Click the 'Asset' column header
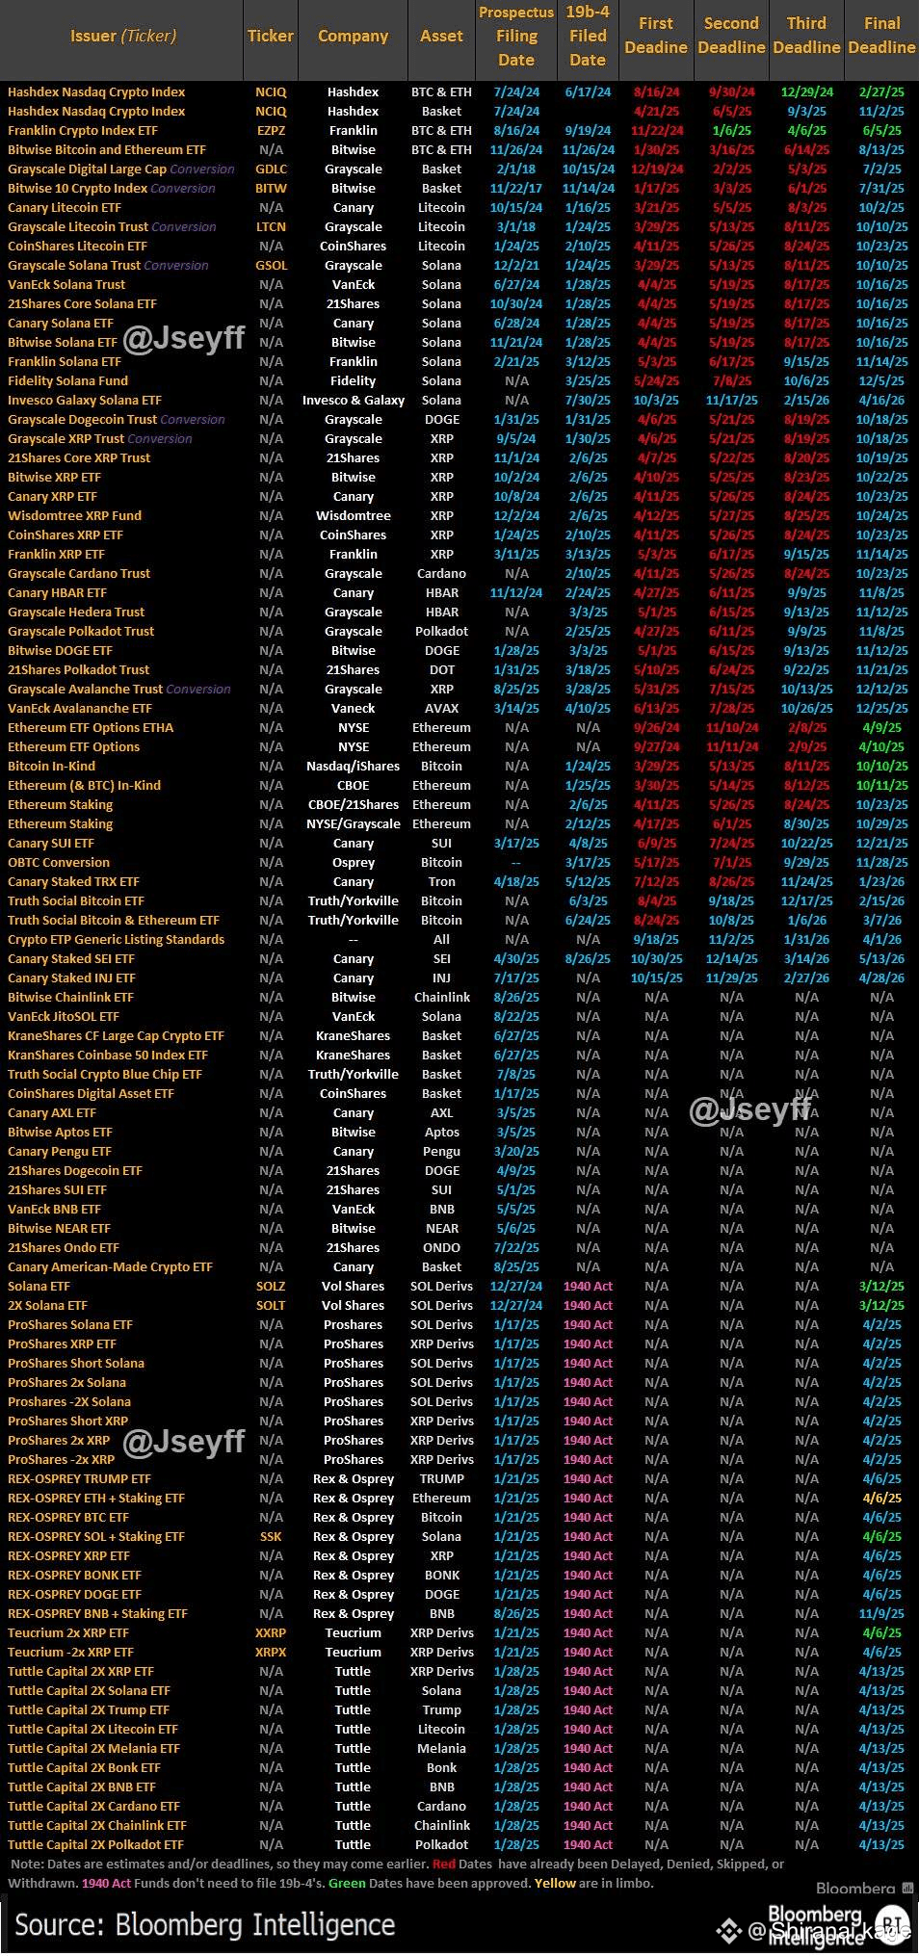click(x=441, y=36)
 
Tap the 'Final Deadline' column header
click(x=881, y=36)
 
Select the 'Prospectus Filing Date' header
click(x=516, y=36)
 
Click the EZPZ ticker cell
click(x=271, y=130)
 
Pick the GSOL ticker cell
click(x=271, y=265)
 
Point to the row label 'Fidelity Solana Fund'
click(x=67, y=380)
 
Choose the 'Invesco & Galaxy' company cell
click(x=353, y=400)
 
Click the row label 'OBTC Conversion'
click(x=59, y=862)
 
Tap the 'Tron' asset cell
click(x=441, y=881)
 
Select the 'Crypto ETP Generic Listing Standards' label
click(x=116, y=939)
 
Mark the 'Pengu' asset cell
click(x=441, y=1151)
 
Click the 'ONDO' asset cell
click(x=441, y=1247)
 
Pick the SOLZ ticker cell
click(x=271, y=1286)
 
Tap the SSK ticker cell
click(x=271, y=1536)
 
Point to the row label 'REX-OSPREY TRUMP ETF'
click(x=79, y=1478)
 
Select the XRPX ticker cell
click(x=271, y=1652)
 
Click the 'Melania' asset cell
click(x=441, y=1748)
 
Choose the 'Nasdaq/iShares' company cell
click(x=353, y=766)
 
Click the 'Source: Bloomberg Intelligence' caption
click(x=204, y=1924)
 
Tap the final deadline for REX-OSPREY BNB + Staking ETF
click(x=881, y=1613)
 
